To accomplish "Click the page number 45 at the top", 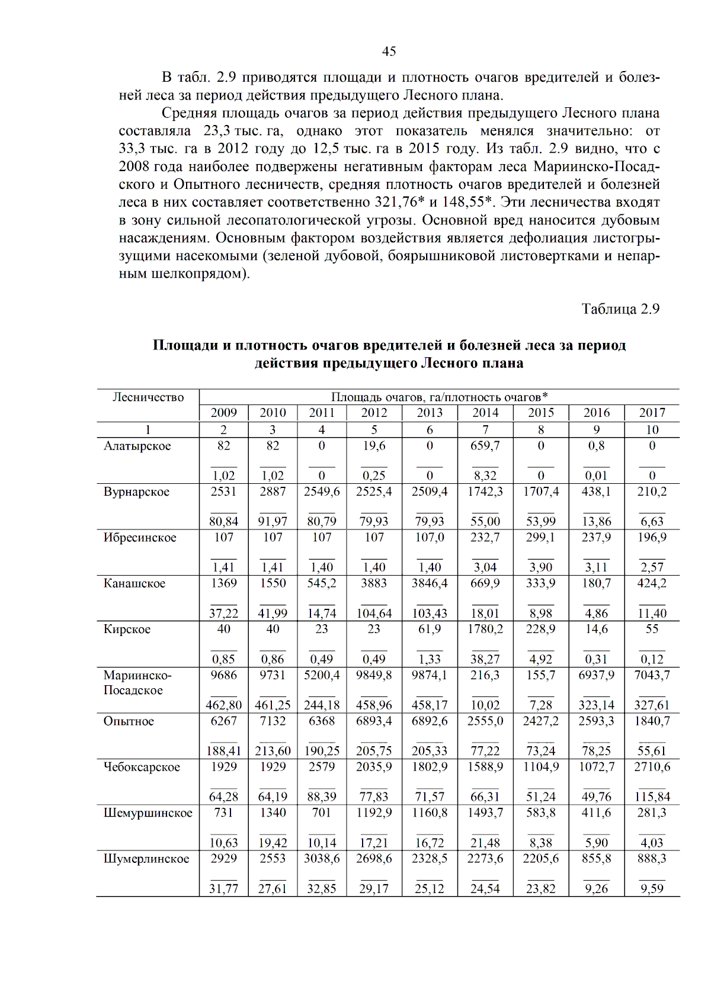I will point(389,52).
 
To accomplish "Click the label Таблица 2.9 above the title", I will point(620,309).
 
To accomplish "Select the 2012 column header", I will point(374,413).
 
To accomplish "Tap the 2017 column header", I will point(652,413).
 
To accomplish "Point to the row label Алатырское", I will point(137,446).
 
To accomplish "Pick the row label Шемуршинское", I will point(148,813).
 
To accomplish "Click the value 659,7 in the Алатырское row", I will point(485,445).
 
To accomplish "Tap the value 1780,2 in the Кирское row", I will point(485,629).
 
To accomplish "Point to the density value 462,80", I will point(223,705).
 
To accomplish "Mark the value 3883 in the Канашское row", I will point(374,583).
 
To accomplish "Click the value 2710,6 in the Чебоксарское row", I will point(652,767).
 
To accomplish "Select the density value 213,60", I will point(273,751).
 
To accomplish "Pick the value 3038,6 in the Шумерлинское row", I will point(322,859).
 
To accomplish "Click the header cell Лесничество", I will point(148,397).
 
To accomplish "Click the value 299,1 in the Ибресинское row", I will point(540,537).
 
